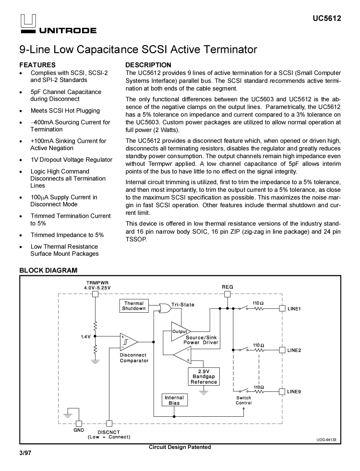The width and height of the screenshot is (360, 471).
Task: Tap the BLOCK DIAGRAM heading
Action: (48, 271)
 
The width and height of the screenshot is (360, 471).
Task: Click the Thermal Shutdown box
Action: (134, 306)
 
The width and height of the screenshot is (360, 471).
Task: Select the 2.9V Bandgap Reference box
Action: (204, 377)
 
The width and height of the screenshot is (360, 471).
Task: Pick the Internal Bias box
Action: (174, 400)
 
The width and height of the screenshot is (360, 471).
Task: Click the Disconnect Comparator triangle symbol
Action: (129, 341)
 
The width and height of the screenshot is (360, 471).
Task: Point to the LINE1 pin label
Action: (294, 309)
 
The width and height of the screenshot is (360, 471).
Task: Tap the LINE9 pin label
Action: (294, 391)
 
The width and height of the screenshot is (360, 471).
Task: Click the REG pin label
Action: (228, 287)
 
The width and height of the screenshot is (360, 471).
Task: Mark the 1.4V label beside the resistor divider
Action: (86, 337)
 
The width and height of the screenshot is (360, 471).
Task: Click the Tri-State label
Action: (183, 305)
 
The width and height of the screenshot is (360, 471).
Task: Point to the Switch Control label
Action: (243, 400)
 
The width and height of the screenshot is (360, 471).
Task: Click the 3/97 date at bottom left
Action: (25, 452)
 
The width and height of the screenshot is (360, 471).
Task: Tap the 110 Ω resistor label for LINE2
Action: (258, 345)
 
